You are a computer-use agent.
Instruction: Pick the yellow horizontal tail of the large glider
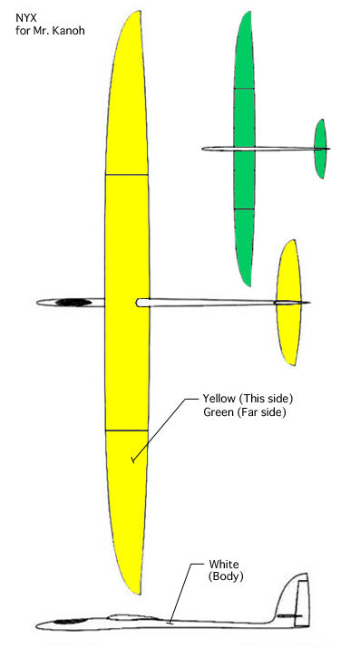(288, 302)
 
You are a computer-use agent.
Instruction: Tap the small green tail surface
(320, 149)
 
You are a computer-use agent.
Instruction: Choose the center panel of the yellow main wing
(126, 302)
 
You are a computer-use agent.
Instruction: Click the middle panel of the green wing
(243, 149)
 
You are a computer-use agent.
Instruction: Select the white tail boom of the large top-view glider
(209, 302)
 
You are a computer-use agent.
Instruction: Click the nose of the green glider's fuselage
(205, 149)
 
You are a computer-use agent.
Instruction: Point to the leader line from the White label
(181, 595)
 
